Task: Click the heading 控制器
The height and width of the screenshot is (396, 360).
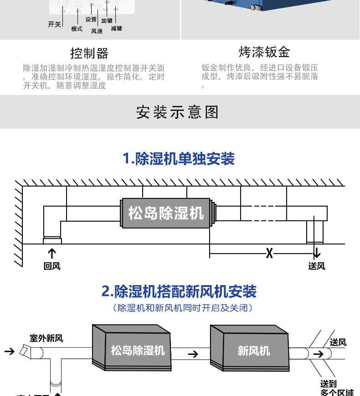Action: click(x=89, y=53)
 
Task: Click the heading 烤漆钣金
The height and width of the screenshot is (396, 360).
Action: click(x=264, y=52)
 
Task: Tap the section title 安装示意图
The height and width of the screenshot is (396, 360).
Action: click(x=178, y=112)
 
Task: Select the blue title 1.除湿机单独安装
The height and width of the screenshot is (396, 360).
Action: click(x=179, y=159)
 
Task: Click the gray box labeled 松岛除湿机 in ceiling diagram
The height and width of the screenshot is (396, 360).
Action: click(x=166, y=213)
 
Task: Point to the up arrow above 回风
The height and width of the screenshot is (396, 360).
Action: click(x=52, y=254)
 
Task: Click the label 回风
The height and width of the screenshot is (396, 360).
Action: click(x=52, y=266)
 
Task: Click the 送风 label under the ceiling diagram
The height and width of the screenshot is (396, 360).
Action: click(x=317, y=266)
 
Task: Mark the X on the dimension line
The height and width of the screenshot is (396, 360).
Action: click(x=270, y=253)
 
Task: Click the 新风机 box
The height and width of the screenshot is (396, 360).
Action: click(x=253, y=350)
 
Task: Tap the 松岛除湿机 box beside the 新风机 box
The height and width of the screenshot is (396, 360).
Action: click(x=138, y=350)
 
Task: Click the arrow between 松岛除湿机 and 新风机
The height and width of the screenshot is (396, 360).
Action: click(x=193, y=354)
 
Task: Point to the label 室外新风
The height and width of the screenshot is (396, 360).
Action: click(x=46, y=338)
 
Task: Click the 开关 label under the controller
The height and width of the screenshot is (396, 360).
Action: click(x=54, y=24)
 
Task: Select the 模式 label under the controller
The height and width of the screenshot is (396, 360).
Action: click(x=77, y=29)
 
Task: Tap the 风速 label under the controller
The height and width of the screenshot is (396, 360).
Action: click(x=97, y=31)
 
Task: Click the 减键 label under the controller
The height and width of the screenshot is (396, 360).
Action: click(x=116, y=28)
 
